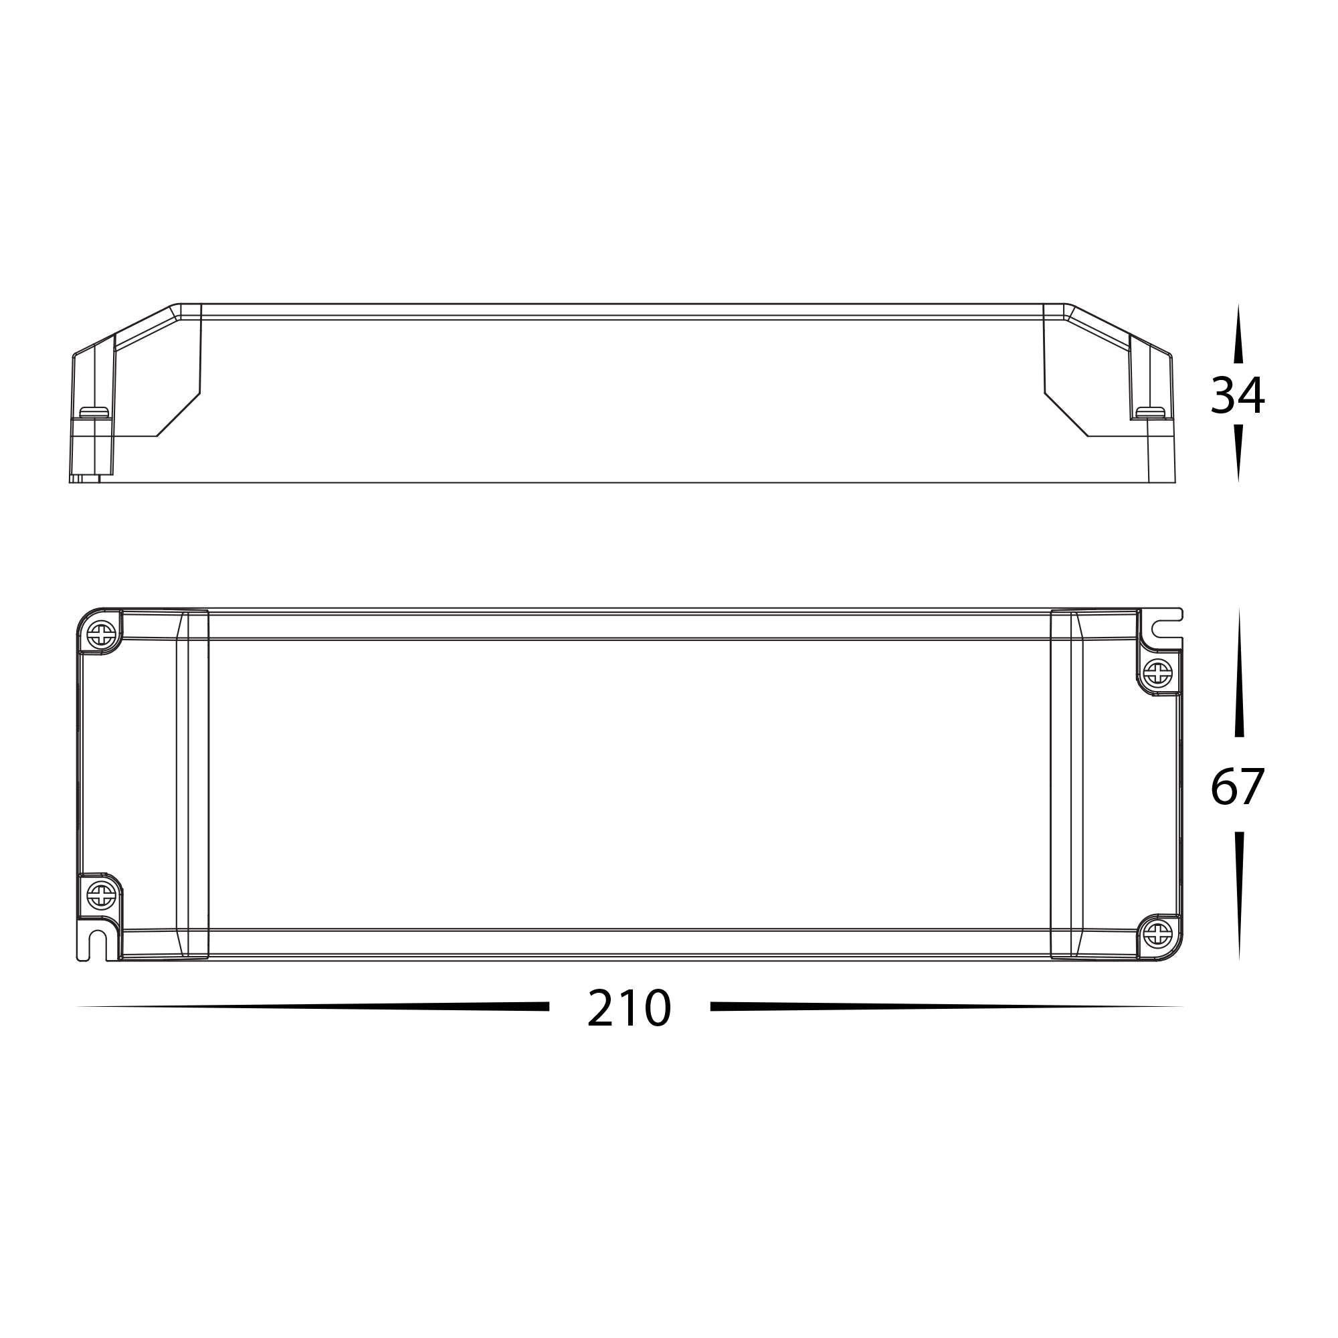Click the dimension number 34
1237,395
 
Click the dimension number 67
1237,787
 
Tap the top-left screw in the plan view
102,633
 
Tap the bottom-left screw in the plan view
101,896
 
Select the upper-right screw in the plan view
1157,672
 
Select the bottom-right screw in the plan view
1157,936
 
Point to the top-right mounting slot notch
1163,630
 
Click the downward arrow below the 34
1238,453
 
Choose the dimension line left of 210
312,1006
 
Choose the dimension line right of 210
946,1006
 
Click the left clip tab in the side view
94,413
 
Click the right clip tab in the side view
1150,413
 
